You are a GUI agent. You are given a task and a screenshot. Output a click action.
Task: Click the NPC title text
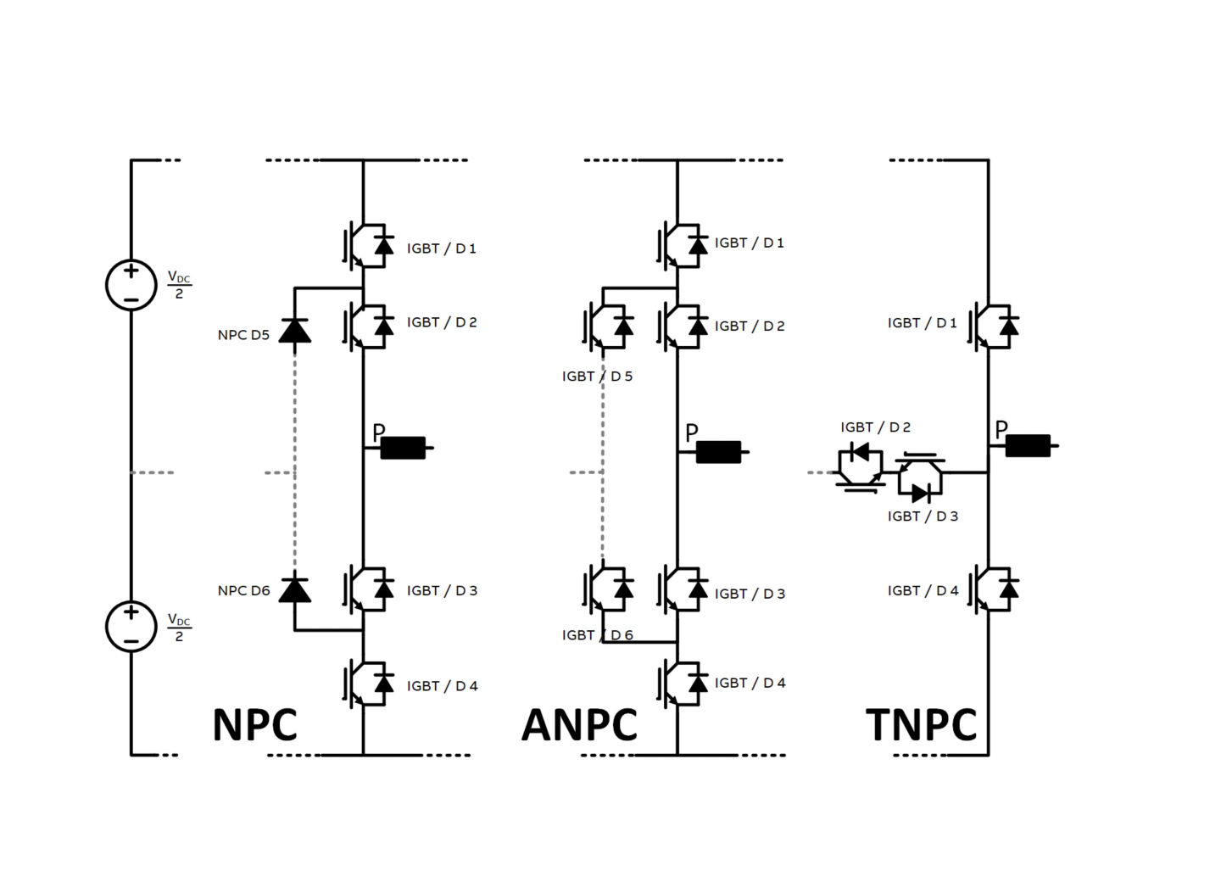click(x=254, y=725)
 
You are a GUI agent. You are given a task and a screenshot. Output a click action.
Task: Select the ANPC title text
click(x=579, y=725)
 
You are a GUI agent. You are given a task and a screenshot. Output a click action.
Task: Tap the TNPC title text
click(x=921, y=725)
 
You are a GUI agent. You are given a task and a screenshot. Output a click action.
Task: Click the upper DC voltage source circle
click(x=131, y=284)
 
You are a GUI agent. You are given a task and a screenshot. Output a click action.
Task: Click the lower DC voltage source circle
click(x=131, y=626)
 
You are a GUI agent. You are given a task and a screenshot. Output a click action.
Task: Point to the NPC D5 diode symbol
click(x=294, y=331)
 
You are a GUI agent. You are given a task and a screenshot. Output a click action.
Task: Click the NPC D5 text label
click(x=243, y=335)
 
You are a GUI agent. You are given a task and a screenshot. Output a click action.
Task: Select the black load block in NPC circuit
click(x=403, y=448)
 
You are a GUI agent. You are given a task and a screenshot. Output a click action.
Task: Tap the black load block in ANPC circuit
click(x=718, y=452)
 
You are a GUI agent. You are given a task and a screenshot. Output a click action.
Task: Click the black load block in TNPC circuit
click(x=1028, y=445)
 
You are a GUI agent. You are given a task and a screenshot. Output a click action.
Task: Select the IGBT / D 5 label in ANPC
click(x=597, y=376)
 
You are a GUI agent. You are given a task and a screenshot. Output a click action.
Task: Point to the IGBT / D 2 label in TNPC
click(x=875, y=427)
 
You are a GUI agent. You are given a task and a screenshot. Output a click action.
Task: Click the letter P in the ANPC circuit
click(x=691, y=433)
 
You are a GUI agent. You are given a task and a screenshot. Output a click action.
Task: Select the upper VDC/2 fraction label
click(x=179, y=284)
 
